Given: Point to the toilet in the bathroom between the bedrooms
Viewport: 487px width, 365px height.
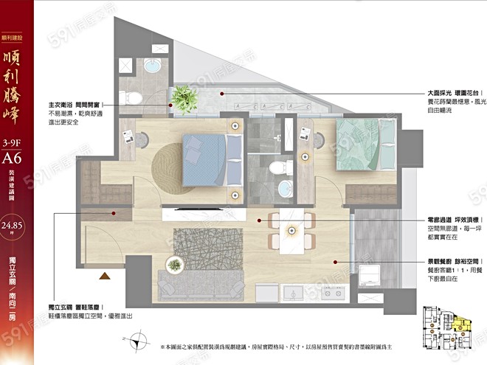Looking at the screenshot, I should coord(274,167).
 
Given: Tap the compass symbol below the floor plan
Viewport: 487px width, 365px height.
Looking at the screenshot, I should coord(139,341).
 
